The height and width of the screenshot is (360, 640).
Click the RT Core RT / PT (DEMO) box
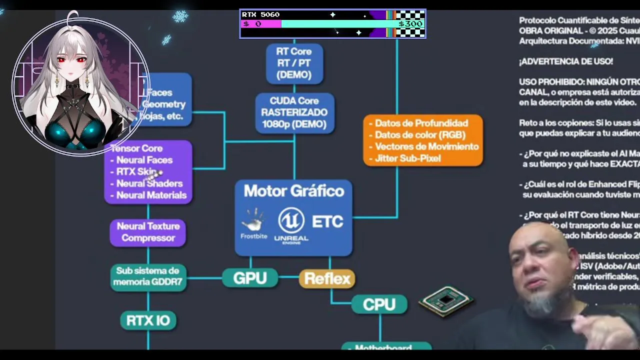[294, 63]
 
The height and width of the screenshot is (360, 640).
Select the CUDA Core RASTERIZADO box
[294, 112]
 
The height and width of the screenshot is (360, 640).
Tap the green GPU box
[249, 278]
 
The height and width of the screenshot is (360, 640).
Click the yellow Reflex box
[327, 278]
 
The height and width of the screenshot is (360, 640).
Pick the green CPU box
[379, 304]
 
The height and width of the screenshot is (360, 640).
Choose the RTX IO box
[148, 320]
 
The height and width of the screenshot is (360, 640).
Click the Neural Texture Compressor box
[148, 232]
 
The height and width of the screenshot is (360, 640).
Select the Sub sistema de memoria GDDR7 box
[148, 276]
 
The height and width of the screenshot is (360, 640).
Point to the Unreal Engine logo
[291, 225]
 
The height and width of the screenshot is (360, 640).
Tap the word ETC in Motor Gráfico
[327, 221]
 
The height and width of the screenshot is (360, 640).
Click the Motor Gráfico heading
[294, 191]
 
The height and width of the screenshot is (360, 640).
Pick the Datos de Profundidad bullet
[421, 123]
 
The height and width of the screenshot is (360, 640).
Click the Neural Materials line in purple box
[151, 195]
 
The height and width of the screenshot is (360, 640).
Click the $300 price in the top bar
[410, 23]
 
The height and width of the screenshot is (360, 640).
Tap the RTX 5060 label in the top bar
[260, 14]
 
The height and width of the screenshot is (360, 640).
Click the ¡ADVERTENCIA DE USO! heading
[565, 61]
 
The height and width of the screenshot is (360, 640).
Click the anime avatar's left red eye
[61, 60]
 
